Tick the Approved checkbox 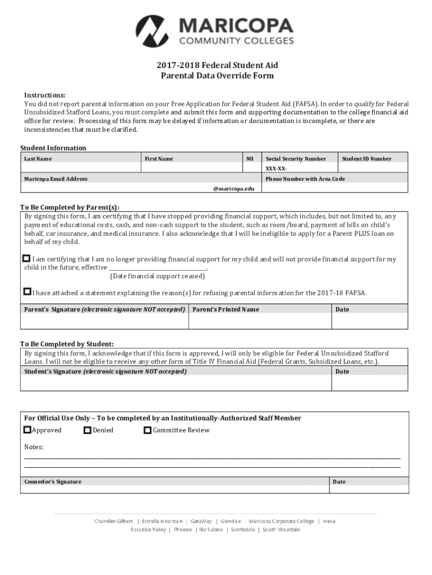click(27, 430)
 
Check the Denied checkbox click(88, 430)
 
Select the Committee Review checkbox click(148, 430)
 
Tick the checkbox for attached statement click(27, 291)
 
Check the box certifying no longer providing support click(26, 258)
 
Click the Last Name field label click(38, 159)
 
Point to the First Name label click(159, 159)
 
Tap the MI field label click(250, 159)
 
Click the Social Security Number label click(296, 159)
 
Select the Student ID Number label click(367, 159)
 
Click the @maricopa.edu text click(234, 189)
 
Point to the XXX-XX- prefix click(277, 168)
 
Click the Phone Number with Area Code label click(305, 179)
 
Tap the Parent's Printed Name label click(226, 309)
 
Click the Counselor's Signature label click(53, 482)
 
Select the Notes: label click(34, 447)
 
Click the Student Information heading click(53, 148)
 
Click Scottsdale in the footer click(243, 530)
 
